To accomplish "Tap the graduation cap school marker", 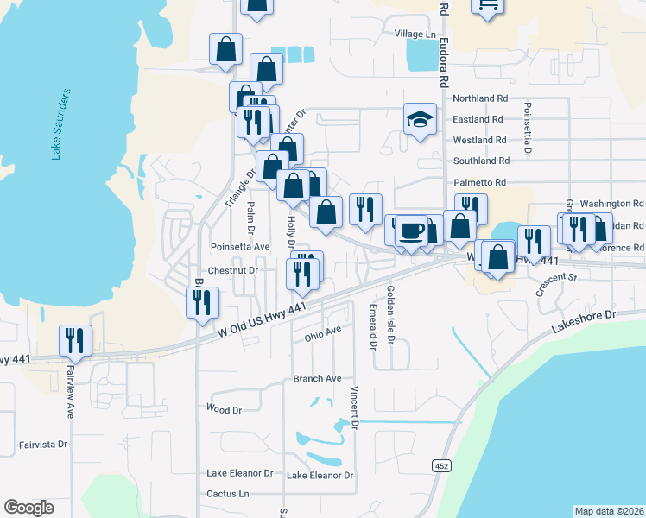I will pos(420,119).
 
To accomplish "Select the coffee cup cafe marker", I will pos(412,231).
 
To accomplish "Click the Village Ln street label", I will pos(415,34).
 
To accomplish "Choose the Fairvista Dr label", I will pos(43,445).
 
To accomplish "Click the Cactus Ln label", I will pos(227,494).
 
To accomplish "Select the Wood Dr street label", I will pos(224,409).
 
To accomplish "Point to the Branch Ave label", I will pos(318,378).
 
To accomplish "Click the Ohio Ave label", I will pos(323,330).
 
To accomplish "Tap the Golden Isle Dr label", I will pos(391,316).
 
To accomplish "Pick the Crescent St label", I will pos(555,286).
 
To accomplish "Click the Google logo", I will pos(28,508).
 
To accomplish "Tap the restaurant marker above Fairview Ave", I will pos(75,340).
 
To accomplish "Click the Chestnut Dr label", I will pos(233,270).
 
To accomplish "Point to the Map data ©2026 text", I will pos(610,511).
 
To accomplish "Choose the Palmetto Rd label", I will pos(479,182).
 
